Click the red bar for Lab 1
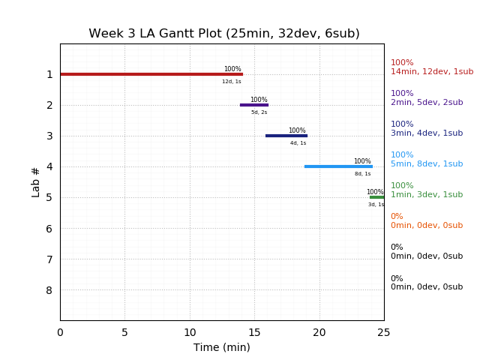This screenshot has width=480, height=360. [151, 74]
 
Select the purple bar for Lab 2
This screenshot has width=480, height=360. [253, 105]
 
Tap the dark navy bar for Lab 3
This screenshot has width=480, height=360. [286, 136]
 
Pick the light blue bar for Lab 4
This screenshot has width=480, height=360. [337, 166]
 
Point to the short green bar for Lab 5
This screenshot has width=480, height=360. [376, 197]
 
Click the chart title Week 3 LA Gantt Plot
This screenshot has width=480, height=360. [224, 34]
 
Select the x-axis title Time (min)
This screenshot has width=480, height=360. [222, 347]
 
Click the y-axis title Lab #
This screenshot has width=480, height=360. [36, 182]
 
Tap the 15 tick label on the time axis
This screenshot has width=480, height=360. [254, 332]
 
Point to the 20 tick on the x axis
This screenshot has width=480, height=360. [319, 332]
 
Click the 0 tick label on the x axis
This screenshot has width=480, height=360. [60, 332]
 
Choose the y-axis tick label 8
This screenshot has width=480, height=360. [49, 290]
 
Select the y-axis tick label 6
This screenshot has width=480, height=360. [49, 229]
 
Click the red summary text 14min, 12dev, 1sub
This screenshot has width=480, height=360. [432, 72]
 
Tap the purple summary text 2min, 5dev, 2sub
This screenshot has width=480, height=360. [427, 103]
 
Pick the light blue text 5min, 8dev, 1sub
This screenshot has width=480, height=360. [427, 164]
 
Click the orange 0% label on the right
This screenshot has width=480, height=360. [397, 217]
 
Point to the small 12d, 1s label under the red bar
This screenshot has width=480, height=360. [232, 82]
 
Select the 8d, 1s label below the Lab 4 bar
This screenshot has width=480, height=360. [363, 174]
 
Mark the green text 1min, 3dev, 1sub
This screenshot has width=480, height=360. [427, 195]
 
